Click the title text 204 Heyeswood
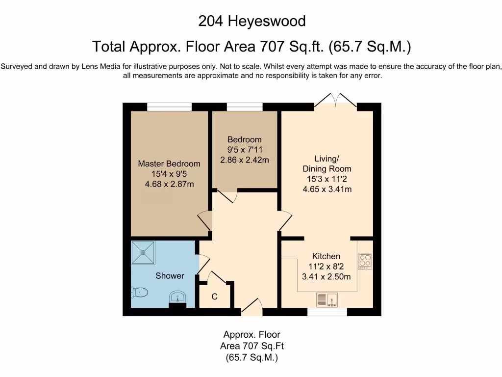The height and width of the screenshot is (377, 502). (x=251, y=21)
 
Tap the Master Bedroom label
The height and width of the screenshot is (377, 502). (x=169, y=163)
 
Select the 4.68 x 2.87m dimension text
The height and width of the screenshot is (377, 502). (x=169, y=184)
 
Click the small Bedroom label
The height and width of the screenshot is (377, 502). (x=245, y=139)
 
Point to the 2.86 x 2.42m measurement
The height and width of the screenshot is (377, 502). (x=245, y=160)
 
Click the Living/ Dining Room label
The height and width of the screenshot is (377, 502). (x=326, y=163)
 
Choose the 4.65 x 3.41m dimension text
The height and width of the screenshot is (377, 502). (x=326, y=189)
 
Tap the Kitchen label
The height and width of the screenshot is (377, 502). (x=326, y=256)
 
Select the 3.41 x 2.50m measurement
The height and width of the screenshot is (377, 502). (x=326, y=276)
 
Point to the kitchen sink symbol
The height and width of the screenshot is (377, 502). (x=327, y=299)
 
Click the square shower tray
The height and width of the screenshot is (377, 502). (x=143, y=252)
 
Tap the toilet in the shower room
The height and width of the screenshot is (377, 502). (x=140, y=293)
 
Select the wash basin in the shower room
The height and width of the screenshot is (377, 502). (x=177, y=297)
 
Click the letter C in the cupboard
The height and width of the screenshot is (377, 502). (x=214, y=297)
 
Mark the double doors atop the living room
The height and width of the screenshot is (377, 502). (x=335, y=101)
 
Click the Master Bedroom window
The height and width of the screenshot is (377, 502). (x=169, y=107)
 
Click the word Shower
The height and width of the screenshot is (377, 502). (x=170, y=276)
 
